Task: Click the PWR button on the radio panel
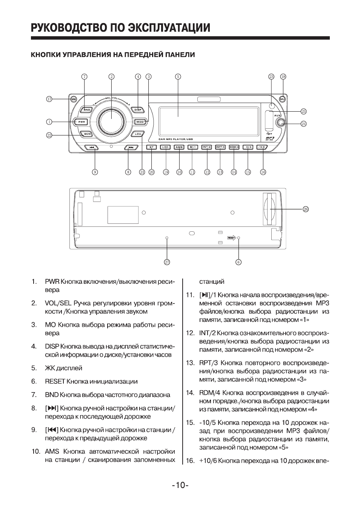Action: point(82,122)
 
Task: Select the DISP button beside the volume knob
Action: point(138,109)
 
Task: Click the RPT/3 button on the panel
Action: point(220,147)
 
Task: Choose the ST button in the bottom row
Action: point(151,147)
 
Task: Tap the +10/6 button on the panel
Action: point(261,147)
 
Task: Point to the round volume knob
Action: point(111,120)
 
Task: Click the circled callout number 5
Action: point(178,77)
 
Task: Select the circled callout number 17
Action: point(49,99)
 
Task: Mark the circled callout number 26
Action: point(306,209)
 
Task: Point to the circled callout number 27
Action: point(166,262)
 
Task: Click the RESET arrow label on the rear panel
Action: point(232,238)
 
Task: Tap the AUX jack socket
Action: point(280,122)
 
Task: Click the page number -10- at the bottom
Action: point(180,485)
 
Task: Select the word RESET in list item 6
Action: point(55,382)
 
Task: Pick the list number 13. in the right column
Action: point(190,363)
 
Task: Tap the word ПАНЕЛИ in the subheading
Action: point(181,55)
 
